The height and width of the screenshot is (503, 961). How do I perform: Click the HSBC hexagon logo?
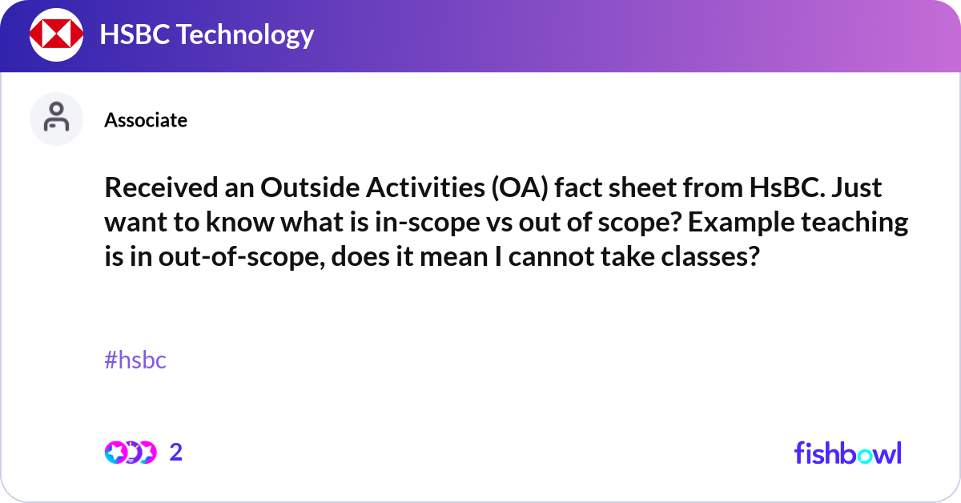point(56,34)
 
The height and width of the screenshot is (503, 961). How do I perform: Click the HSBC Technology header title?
point(207,34)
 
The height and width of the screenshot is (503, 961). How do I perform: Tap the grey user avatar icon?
point(56,119)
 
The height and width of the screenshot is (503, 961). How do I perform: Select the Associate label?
point(146,120)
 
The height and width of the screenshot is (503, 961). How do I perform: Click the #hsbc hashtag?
point(135,360)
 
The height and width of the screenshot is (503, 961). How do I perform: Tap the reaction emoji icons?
point(130,453)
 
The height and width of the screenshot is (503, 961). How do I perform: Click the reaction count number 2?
point(176,453)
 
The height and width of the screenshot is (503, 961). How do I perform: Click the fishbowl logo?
point(847,453)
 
